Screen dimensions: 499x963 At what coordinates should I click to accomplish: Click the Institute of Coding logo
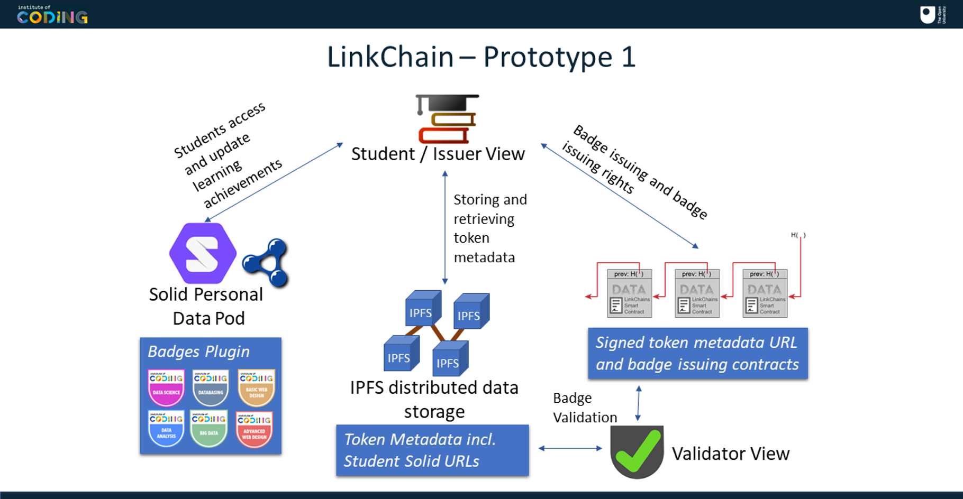(x=52, y=15)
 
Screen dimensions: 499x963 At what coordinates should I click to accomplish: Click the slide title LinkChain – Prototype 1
(x=480, y=57)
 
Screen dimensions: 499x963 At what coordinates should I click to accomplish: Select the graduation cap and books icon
(x=447, y=119)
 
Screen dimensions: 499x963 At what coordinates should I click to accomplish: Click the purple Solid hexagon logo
(x=203, y=253)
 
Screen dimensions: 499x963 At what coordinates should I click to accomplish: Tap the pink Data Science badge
(x=166, y=387)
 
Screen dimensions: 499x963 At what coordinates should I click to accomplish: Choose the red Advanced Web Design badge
(x=254, y=429)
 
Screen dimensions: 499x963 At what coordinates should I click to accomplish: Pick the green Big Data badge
(x=209, y=428)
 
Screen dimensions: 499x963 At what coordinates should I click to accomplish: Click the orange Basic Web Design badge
(x=257, y=387)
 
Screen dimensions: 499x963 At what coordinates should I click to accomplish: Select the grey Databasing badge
(x=211, y=387)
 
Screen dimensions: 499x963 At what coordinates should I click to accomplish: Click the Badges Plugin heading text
(x=198, y=352)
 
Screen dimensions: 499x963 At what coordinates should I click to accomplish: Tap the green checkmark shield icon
(x=637, y=452)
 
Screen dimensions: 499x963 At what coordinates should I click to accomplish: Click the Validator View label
(x=730, y=454)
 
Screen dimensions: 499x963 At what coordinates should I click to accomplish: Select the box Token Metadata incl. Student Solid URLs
(x=432, y=450)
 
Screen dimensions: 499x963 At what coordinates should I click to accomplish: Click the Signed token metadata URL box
(x=697, y=353)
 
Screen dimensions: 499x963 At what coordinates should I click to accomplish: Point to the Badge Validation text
(x=584, y=408)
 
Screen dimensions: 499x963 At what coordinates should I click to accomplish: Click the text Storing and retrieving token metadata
(x=489, y=228)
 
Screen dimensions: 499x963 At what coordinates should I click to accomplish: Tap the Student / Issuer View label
(x=438, y=154)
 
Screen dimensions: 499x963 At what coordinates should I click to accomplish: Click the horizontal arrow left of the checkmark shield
(x=570, y=448)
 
